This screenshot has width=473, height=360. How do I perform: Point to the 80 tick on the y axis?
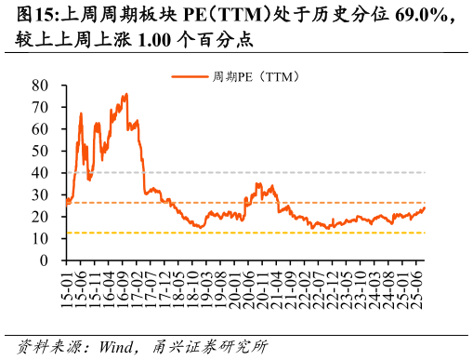(x=40, y=85)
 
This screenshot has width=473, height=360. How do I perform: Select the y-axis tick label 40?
(x=40, y=173)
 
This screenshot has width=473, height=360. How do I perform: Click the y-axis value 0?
(x=44, y=260)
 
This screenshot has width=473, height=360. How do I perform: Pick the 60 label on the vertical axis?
(x=40, y=128)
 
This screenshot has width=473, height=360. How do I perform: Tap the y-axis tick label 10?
(x=40, y=239)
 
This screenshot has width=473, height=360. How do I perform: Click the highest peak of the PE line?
(x=126, y=93)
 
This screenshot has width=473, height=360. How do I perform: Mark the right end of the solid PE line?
(x=425, y=207)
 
